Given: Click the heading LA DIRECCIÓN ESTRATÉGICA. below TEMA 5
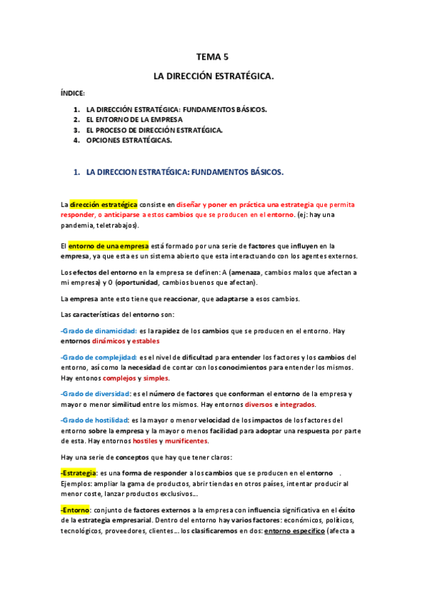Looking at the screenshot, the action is pyautogui.click(x=213, y=74).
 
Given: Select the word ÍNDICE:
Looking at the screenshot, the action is pyautogui.click(x=72, y=93).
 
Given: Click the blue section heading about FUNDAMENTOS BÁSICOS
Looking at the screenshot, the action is pyautogui.click(x=184, y=172).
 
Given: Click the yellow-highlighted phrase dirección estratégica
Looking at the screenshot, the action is pyautogui.click(x=104, y=204).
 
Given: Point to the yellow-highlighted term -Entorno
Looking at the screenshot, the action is pyautogui.click(x=75, y=510).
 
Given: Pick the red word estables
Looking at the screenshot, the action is pyautogui.click(x=146, y=341).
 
